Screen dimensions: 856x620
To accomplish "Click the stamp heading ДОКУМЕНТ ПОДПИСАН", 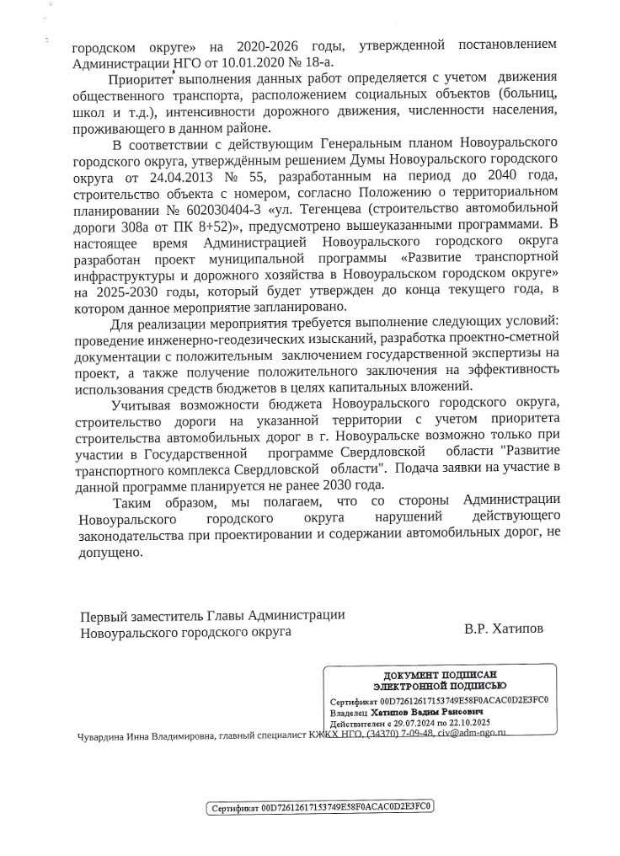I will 439,676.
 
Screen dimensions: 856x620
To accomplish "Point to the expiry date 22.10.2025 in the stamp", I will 464,724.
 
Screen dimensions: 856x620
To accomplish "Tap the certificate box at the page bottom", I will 320,808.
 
